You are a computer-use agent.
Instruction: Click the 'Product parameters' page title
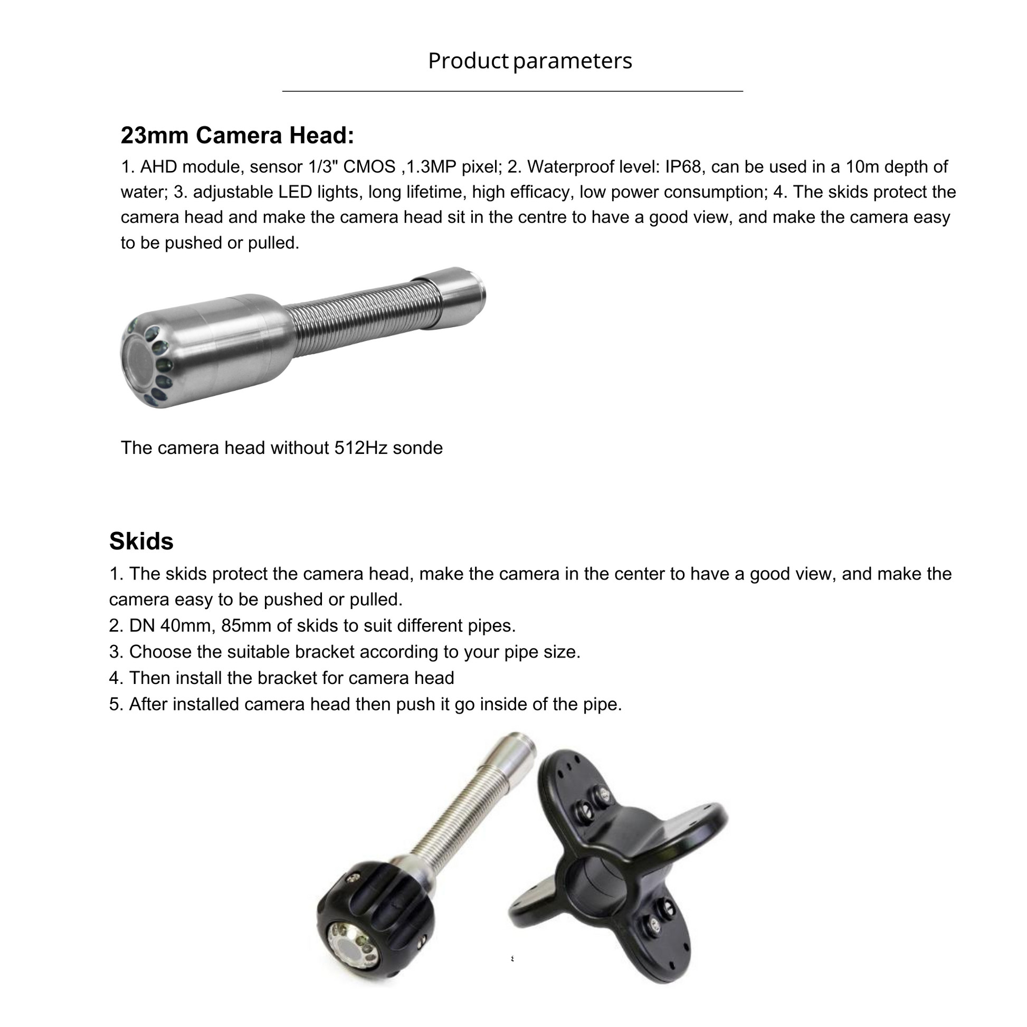[530, 61]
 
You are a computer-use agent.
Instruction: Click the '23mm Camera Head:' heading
[237, 135]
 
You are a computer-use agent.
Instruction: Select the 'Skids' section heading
[141, 541]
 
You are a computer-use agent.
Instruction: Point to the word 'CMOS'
[369, 167]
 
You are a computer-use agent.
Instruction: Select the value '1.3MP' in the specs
[430, 167]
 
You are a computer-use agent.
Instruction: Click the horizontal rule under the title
[512, 91]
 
